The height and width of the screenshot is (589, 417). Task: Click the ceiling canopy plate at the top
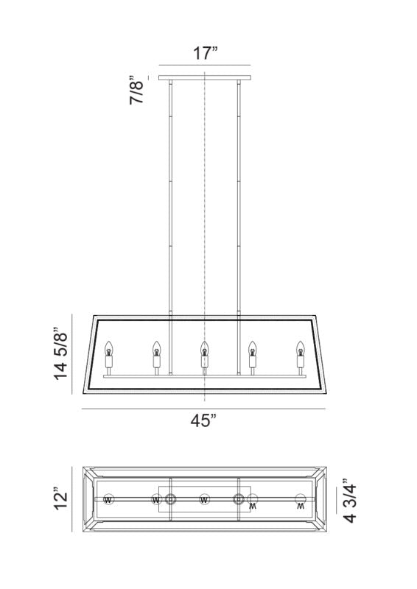[x=204, y=77]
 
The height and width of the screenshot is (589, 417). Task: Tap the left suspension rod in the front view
[x=171, y=199]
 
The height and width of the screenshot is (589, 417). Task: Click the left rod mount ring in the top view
[x=170, y=500]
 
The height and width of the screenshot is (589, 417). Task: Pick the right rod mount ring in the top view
[x=239, y=500]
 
